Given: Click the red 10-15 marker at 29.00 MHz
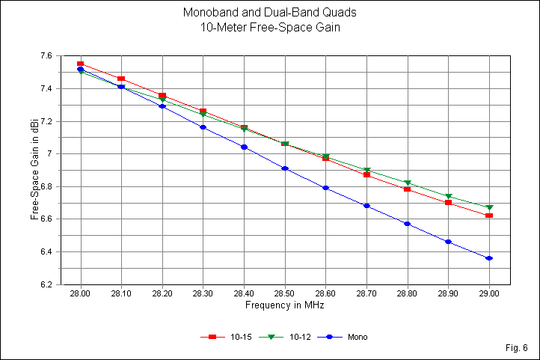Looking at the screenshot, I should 488,216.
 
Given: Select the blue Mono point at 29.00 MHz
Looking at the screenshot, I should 488,258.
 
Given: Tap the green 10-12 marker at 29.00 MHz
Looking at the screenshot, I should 488,207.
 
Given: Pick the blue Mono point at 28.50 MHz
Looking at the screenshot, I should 284,168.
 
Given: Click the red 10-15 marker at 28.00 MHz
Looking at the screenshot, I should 80,64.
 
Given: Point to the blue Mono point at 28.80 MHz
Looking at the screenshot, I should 407,224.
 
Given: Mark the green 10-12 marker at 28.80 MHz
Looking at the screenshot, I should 407,183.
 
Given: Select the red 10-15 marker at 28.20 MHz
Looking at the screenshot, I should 162,96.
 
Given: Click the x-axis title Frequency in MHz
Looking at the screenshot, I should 284,305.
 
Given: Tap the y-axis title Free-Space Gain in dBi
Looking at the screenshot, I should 34,170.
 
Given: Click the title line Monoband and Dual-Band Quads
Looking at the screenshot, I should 270,13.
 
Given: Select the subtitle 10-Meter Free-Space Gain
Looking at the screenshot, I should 270,28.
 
